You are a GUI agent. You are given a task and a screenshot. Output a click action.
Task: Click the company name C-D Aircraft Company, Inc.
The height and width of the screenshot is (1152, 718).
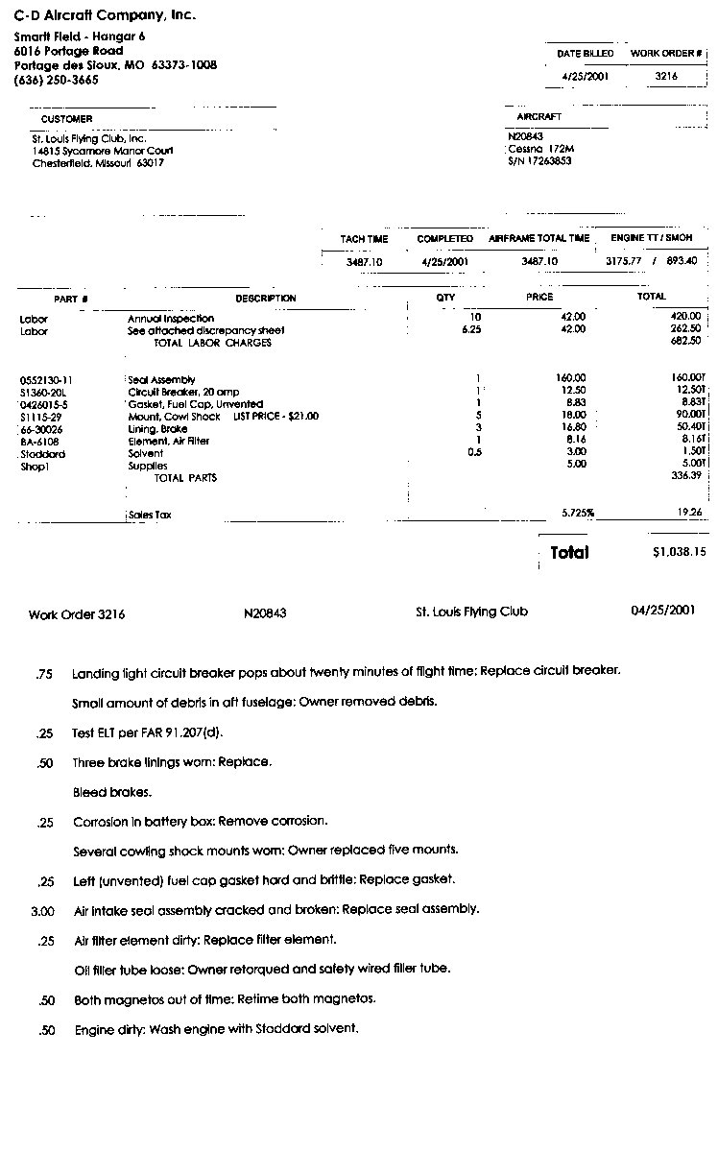pos(105,15)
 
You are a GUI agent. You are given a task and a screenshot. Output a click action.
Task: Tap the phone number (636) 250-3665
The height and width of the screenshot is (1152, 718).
pos(56,80)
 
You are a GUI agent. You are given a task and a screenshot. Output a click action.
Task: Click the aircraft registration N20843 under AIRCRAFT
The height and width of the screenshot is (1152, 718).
pos(525,136)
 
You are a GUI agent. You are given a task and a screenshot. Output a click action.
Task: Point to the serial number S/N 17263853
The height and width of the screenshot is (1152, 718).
pos(539,161)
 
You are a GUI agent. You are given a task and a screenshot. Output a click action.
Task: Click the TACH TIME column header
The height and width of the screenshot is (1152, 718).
pos(364,239)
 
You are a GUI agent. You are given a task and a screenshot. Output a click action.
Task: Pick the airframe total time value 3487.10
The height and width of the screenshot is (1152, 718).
pos(539,261)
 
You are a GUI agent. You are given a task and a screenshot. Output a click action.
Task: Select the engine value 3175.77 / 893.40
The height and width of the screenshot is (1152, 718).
pos(651,261)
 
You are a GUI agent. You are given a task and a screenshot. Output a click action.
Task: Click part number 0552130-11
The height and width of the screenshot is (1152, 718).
pos(46,380)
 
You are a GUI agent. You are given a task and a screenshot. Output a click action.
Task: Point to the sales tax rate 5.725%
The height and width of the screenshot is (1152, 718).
pos(578,514)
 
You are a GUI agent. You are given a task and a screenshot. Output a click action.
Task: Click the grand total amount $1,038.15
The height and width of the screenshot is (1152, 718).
pos(679,552)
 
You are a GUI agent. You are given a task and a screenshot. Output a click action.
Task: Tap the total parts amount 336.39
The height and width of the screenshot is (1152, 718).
pos(686,475)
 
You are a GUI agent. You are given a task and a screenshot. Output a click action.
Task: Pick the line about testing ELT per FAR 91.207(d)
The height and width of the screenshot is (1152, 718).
pos(147,733)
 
